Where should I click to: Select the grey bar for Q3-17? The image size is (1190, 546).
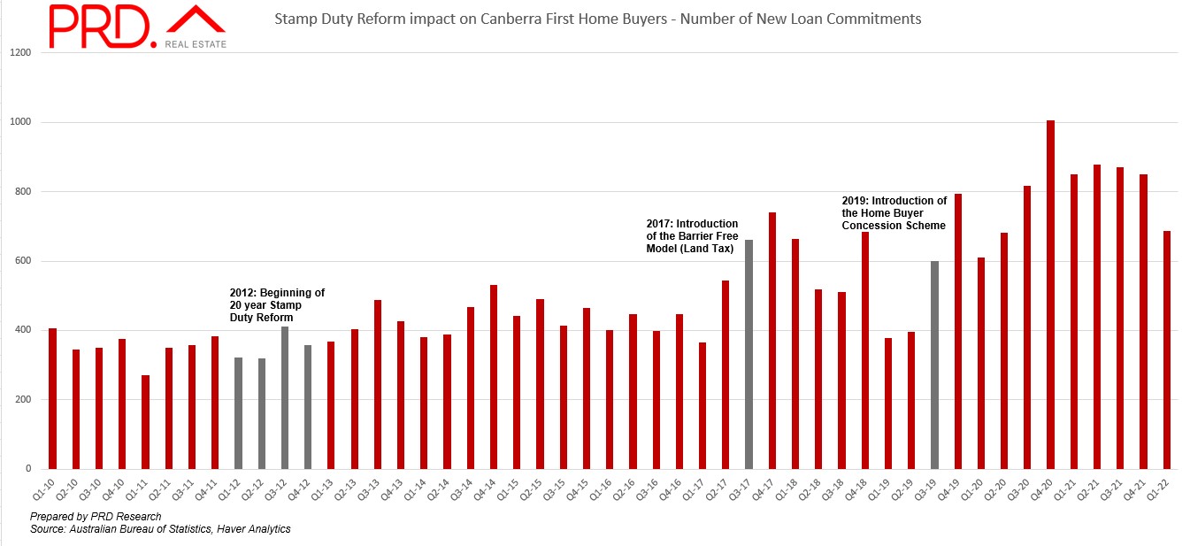(749, 354)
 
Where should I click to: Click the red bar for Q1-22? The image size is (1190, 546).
(1166, 350)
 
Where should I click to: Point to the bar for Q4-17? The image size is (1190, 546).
(772, 341)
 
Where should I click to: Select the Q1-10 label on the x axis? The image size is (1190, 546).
(52, 488)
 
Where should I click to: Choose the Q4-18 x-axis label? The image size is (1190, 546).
(864, 488)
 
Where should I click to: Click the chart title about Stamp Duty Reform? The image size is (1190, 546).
(597, 19)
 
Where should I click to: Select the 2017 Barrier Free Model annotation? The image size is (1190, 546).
(692, 235)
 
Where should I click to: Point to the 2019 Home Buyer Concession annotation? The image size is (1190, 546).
(894, 213)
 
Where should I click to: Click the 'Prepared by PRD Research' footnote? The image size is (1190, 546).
(96, 516)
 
